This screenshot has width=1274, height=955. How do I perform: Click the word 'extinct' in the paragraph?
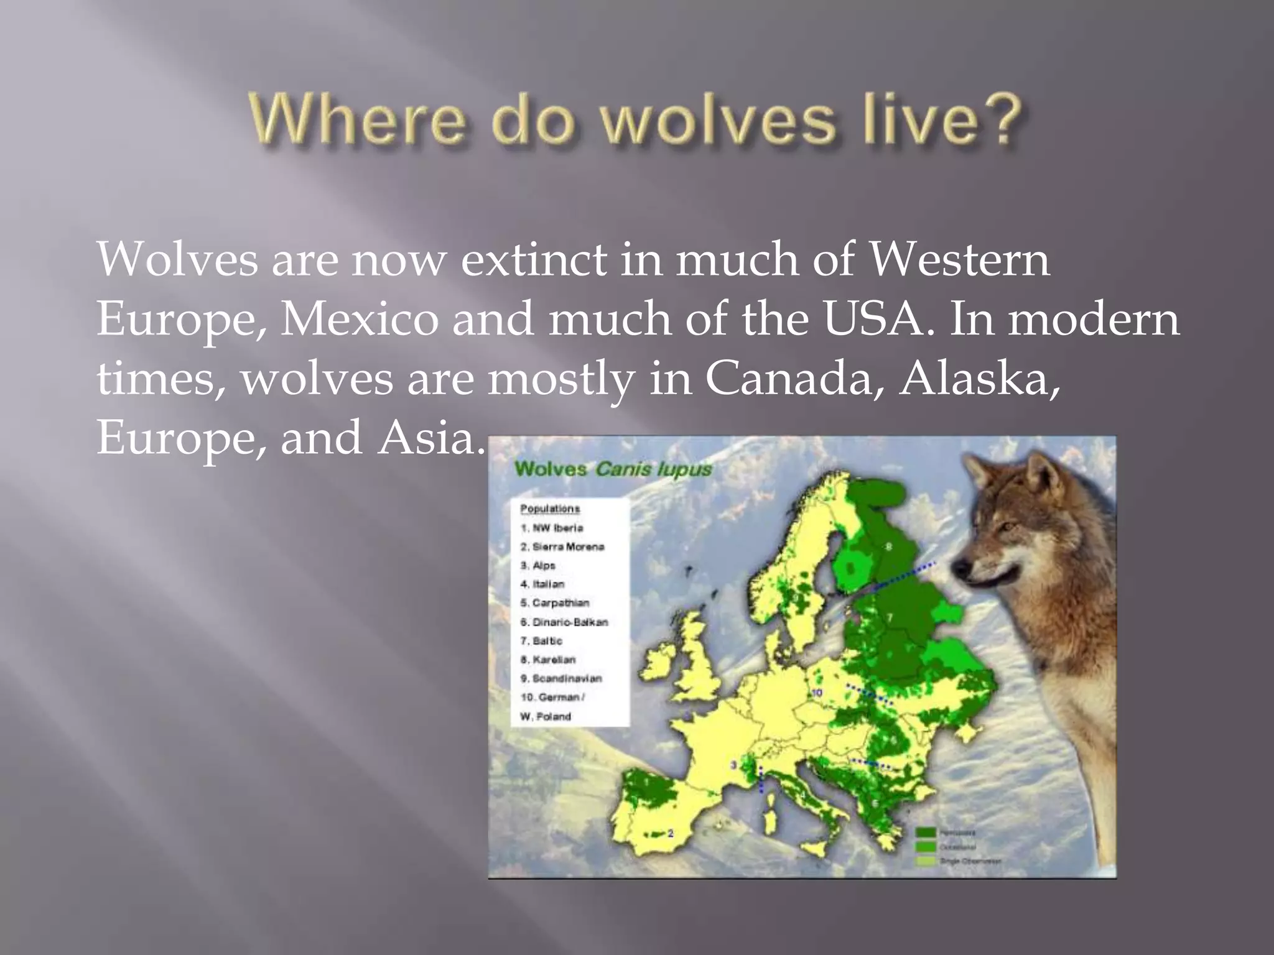pos(533,259)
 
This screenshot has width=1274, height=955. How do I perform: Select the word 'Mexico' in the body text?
pos(360,319)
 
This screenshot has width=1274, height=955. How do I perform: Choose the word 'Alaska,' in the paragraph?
pos(979,379)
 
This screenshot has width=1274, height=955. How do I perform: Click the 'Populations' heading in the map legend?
pos(550,509)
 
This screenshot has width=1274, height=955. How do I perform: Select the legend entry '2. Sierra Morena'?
pos(562,547)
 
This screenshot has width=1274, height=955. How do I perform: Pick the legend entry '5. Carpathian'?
pos(555,602)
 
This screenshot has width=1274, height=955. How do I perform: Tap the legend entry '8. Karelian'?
pos(548,659)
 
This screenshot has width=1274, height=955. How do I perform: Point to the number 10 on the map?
pos(817,693)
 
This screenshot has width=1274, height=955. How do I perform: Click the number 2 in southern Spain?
pos(671,833)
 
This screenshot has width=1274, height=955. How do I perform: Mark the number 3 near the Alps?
pos(733,765)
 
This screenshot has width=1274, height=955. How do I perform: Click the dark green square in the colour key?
pos(926,833)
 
